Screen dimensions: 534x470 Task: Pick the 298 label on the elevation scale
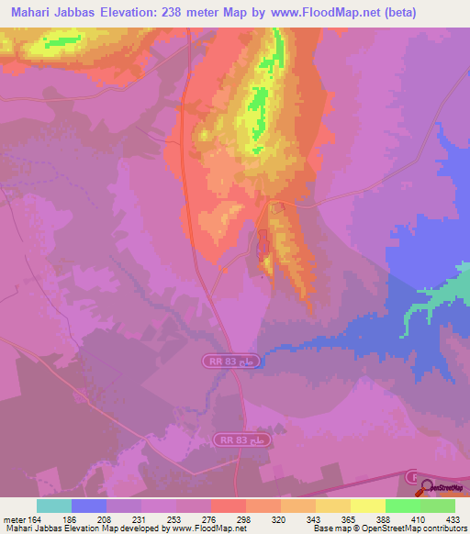pyautogui.click(x=244, y=517)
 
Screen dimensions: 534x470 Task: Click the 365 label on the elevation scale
pyautogui.click(x=349, y=517)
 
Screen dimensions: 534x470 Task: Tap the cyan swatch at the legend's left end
pyautogui.click(x=53, y=506)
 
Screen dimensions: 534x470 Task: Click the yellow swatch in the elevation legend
pyautogui.click(x=367, y=506)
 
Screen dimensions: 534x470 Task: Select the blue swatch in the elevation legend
pyautogui.click(x=88, y=506)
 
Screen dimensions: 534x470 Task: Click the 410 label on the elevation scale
pyautogui.click(x=420, y=517)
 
